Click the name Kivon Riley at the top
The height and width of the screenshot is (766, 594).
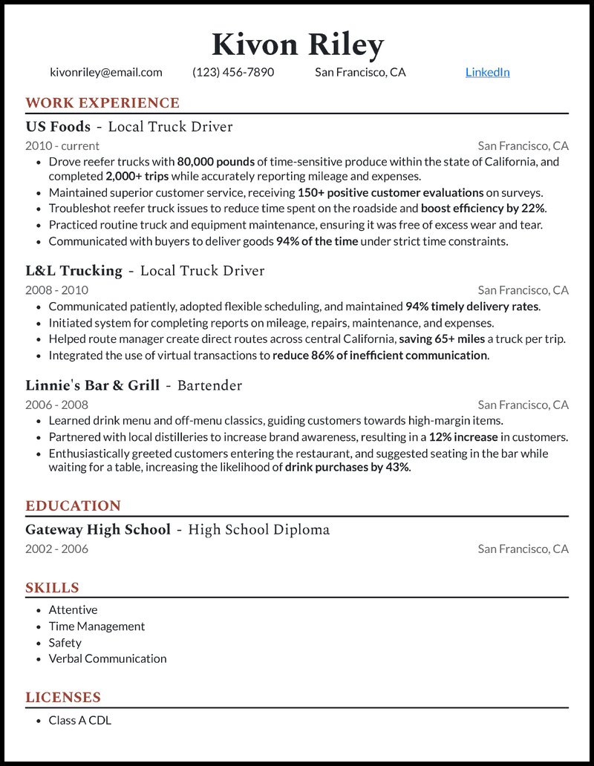[297, 45]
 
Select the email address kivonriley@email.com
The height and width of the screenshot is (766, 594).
[106, 72]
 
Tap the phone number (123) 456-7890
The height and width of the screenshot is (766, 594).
[233, 72]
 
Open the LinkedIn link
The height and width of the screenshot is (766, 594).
[487, 72]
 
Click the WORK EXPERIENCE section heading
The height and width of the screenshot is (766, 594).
[102, 103]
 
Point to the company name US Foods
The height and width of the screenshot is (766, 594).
[58, 127]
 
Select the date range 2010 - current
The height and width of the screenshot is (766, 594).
[62, 145]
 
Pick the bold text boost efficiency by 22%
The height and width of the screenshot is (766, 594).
[483, 209]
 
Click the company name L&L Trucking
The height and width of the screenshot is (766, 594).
[74, 271]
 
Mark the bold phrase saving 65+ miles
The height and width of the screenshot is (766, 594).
[443, 339]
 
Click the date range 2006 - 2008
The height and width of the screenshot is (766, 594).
[56, 405]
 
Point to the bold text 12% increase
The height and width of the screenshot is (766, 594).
[463, 437]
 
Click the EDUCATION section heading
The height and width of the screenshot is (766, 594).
[73, 506]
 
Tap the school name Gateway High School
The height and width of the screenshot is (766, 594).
[98, 530]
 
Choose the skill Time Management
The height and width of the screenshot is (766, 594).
[97, 626]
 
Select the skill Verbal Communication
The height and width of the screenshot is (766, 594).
[108, 658]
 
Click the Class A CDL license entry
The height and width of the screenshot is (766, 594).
[79, 720]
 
